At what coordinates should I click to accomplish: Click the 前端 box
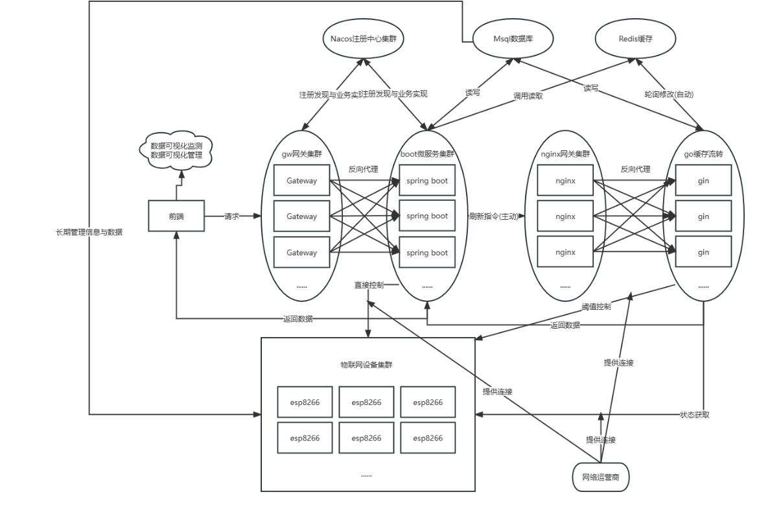[176, 216]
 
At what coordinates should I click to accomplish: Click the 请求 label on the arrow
[232, 216]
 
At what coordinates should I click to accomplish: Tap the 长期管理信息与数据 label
[89, 232]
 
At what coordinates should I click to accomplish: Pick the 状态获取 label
[695, 415]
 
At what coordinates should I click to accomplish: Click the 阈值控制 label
[596, 306]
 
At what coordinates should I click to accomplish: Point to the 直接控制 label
[369, 285]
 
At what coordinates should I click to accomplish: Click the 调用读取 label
[528, 96]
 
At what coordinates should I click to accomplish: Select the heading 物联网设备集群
[367, 365]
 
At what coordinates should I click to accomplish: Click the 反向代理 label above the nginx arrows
[635, 169]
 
